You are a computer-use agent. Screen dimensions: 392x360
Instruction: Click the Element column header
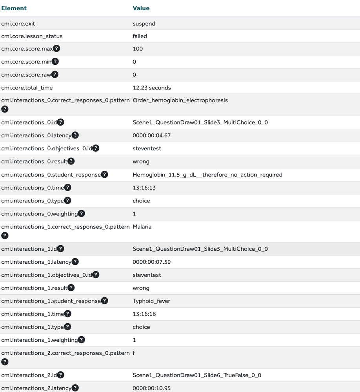[14, 8]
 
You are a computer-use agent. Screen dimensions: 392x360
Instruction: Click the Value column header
[141, 8]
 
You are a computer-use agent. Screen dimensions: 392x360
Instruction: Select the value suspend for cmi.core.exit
[144, 24]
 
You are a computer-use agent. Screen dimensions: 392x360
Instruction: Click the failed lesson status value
[140, 36]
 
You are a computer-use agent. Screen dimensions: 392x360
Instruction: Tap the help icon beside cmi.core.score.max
[56, 49]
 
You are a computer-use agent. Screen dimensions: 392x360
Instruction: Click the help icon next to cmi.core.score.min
[55, 62]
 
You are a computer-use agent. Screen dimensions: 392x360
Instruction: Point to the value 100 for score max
[138, 49]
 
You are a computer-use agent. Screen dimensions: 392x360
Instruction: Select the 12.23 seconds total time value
[152, 88]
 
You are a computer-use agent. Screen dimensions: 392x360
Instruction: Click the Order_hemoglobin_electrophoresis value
[180, 100]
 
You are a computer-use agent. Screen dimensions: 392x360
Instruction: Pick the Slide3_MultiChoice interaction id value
[200, 122]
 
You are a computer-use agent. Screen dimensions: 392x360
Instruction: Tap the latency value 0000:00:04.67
[152, 135]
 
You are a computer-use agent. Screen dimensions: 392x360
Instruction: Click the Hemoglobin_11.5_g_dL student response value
[207, 175]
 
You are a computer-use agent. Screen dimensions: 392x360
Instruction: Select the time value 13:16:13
[144, 188]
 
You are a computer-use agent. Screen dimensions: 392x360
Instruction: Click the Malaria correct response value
[142, 226]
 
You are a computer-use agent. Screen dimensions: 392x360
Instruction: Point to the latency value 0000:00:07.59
[152, 262]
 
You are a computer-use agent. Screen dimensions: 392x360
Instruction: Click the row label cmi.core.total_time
[27, 88]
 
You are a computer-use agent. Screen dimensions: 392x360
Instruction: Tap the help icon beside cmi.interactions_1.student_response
[104, 301]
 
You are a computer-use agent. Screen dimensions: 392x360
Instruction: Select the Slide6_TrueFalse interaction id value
[197, 375]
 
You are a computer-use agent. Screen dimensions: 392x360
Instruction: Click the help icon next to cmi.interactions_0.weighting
[81, 213]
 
